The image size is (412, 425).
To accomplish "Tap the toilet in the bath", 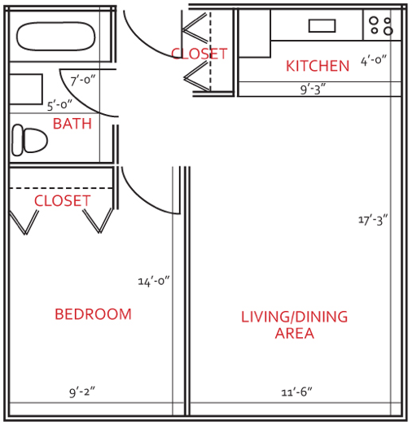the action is click(29, 140).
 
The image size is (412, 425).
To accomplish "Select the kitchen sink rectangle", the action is click(322, 26).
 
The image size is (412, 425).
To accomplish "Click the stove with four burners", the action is click(382, 25).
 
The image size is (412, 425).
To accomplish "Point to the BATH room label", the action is click(72, 124).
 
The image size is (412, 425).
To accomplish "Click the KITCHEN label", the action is click(318, 66).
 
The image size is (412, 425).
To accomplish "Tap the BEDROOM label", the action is click(93, 314).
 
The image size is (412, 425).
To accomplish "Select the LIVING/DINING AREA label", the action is click(295, 325).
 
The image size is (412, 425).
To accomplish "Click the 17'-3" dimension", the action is click(373, 220).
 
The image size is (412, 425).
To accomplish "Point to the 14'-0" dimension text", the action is click(154, 281).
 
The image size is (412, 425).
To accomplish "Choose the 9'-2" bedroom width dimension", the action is click(82, 392).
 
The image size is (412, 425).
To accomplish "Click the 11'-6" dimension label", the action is click(296, 392).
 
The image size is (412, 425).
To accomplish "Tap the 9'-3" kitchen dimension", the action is click(313, 90).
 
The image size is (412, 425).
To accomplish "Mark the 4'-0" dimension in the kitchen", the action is click(374, 60).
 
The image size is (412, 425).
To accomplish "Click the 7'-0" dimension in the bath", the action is click(83, 81).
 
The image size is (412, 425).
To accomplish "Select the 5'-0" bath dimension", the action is click(59, 105).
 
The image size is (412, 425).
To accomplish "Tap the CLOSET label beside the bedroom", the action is click(62, 201).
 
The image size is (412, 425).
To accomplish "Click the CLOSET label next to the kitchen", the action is click(199, 54).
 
